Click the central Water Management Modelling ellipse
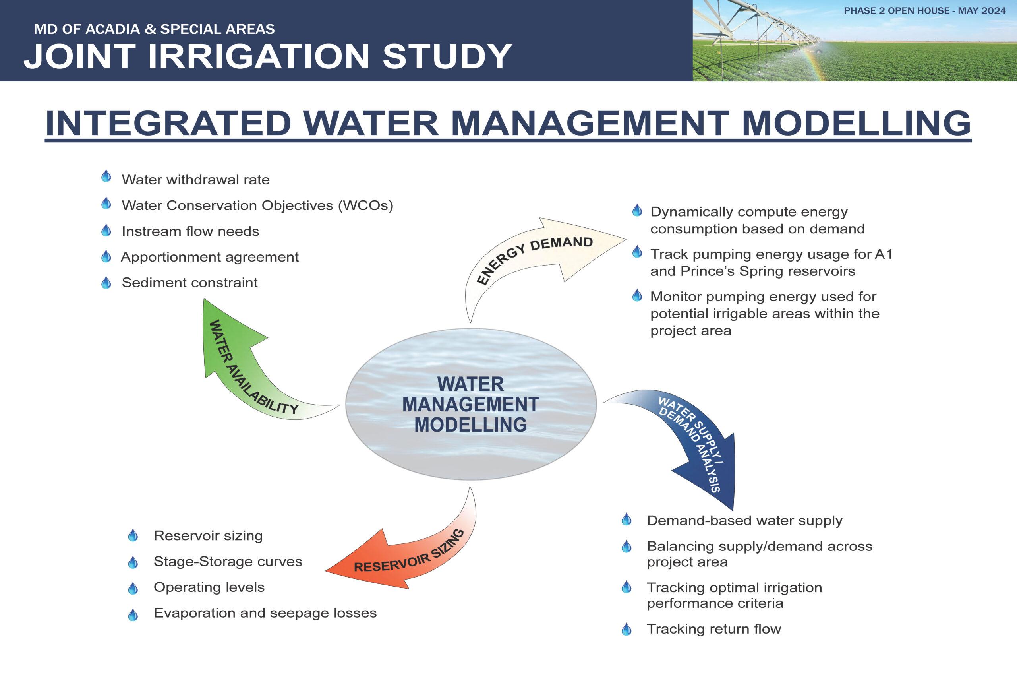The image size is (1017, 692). [x=471, y=404]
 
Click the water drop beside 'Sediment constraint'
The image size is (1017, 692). [x=106, y=282]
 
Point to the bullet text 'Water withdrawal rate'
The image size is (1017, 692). [x=195, y=180]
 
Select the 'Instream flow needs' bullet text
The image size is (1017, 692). [x=190, y=231]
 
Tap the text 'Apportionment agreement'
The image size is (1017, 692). [x=210, y=257]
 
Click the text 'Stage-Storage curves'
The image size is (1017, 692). [x=228, y=562]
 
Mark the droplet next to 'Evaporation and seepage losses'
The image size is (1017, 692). [x=133, y=614]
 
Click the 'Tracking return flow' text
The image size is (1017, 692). [x=714, y=629]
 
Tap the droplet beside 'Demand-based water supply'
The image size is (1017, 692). [x=626, y=519]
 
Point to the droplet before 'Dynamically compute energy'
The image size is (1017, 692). [x=637, y=211]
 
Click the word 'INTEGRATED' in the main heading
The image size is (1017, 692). [x=168, y=123]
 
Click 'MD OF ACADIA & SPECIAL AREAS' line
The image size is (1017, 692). [x=155, y=29]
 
